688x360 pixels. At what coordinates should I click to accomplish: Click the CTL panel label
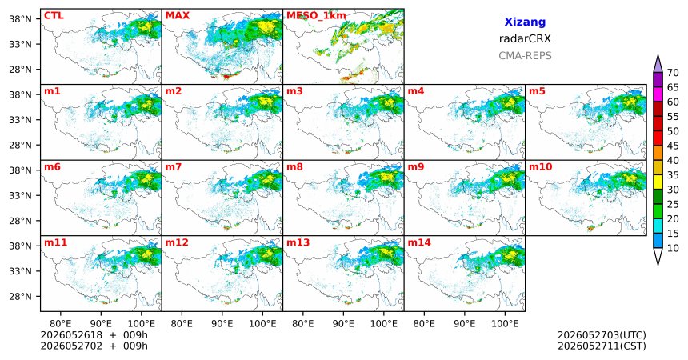click(x=54, y=16)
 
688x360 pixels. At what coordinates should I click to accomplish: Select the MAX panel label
click(x=178, y=16)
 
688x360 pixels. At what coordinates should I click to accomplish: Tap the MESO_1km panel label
click(x=316, y=16)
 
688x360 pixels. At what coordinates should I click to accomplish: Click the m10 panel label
click(x=540, y=167)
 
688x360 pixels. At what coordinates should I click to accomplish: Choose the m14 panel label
click(x=419, y=242)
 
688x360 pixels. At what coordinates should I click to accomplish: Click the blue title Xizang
click(x=525, y=22)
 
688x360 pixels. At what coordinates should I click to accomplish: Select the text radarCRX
click(x=525, y=38)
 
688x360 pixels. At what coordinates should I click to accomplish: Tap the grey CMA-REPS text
click(x=525, y=56)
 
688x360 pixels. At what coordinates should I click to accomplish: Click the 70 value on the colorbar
click(x=673, y=73)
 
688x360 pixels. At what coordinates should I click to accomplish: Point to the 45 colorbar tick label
click(x=673, y=146)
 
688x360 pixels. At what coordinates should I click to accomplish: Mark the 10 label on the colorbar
click(x=673, y=248)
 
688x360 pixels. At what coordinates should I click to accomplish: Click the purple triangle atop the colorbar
click(x=658, y=64)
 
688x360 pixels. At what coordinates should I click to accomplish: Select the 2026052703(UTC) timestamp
click(x=602, y=335)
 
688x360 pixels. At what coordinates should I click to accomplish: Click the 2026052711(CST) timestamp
click(x=602, y=346)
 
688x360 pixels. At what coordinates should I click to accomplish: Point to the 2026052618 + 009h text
click(x=94, y=335)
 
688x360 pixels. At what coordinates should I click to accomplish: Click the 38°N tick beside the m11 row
click(x=20, y=246)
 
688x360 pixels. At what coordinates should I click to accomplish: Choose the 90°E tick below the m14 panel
click(x=465, y=324)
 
